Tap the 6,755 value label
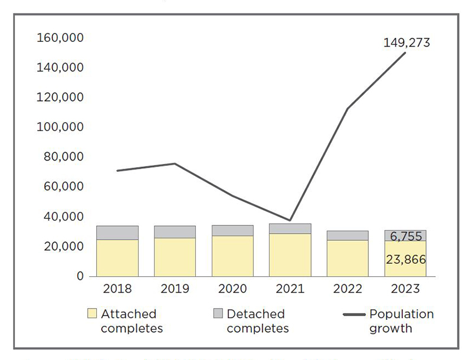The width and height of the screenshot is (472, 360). [x=406, y=236]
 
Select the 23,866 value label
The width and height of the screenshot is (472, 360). [x=406, y=259]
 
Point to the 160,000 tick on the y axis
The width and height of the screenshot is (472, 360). [x=60, y=38]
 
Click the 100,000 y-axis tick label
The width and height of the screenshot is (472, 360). [x=60, y=127]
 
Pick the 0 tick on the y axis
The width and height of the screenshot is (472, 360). [x=80, y=276]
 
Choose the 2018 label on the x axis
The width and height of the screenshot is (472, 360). [x=117, y=289]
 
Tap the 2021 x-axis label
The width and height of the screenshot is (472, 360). [x=290, y=289]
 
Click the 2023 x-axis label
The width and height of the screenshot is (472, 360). [x=405, y=289]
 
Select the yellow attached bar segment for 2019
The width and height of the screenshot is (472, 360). [x=175, y=257]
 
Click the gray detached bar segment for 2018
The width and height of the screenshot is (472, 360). [x=117, y=233]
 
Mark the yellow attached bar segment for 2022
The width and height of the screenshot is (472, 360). [x=348, y=258]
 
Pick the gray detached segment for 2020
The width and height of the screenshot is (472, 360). [x=232, y=230]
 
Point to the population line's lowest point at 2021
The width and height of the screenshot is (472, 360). [x=290, y=220]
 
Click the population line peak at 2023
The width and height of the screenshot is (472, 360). [x=405, y=53]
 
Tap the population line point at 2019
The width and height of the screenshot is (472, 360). [x=175, y=163]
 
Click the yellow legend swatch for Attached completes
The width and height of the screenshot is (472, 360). [x=91, y=314]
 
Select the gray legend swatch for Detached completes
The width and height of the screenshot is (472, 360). [x=218, y=314]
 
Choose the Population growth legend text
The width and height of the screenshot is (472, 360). [x=401, y=320]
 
